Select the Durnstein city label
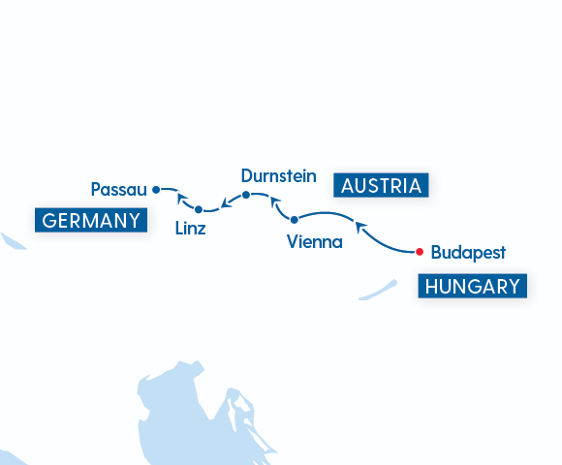pyautogui.click(x=278, y=175)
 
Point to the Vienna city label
pyautogui.click(x=315, y=242)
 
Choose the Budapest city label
pyautogui.click(x=468, y=253)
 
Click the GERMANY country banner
pyautogui.click(x=91, y=220)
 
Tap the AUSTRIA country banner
pyautogui.click(x=381, y=186)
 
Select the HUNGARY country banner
pyautogui.click(x=473, y=287)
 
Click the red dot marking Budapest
pyautogui.click(x=419, y=253)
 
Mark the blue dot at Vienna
pyautogui.click(x=295, y=220)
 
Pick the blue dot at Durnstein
pyautogui.click(x=246, y=195)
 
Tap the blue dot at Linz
pyautogui.click(x=199, y=209)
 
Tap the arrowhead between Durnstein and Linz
pyautogui.click(x=226, y=203)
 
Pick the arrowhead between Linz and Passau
pyautogui.click(x=181, y=200)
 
